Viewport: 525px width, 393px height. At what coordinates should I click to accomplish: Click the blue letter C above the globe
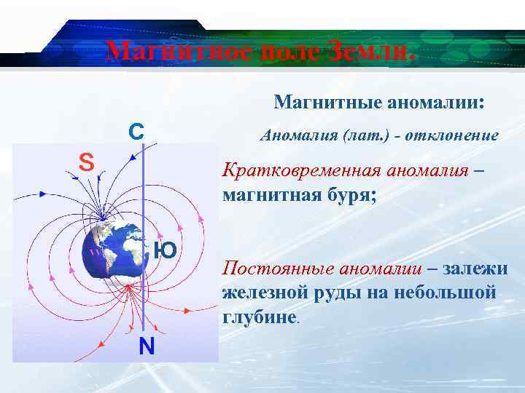click(136, 131)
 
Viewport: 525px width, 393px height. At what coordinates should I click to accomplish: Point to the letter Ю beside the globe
click(165, 251)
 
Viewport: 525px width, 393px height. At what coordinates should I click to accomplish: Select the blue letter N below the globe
click(147, 346)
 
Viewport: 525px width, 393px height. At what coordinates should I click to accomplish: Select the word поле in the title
click(284, 51)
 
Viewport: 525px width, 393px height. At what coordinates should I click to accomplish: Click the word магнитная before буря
click(269, 195)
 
